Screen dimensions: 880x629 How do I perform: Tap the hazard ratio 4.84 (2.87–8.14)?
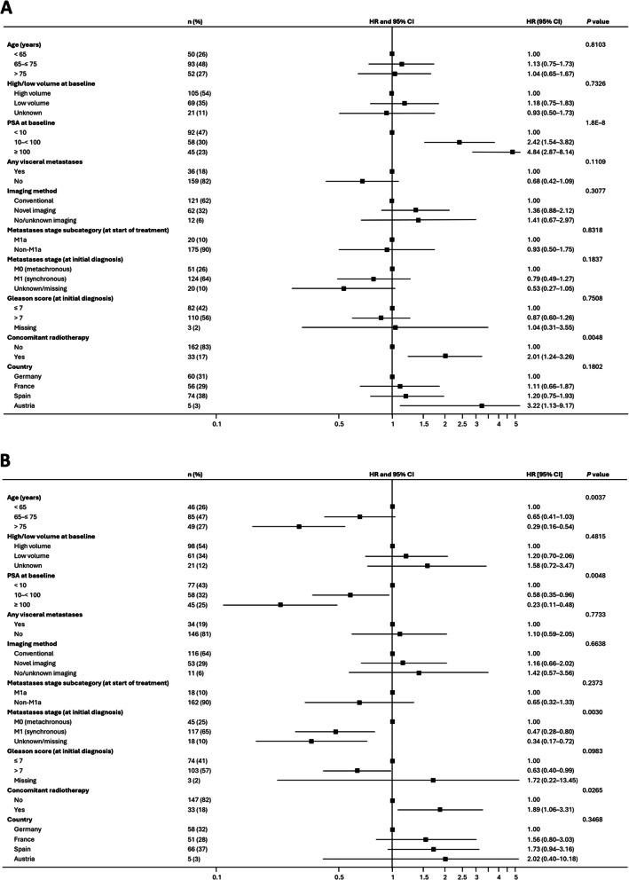point(551,152)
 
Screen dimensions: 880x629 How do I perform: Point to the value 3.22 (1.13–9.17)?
point(551,405)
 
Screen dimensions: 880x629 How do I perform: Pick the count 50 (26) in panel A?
point(189,54)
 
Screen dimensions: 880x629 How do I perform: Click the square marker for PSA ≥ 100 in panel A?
point(513,152)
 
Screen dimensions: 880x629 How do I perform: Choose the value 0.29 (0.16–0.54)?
point(551,526)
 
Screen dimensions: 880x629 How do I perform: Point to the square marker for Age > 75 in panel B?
point(299,526)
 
